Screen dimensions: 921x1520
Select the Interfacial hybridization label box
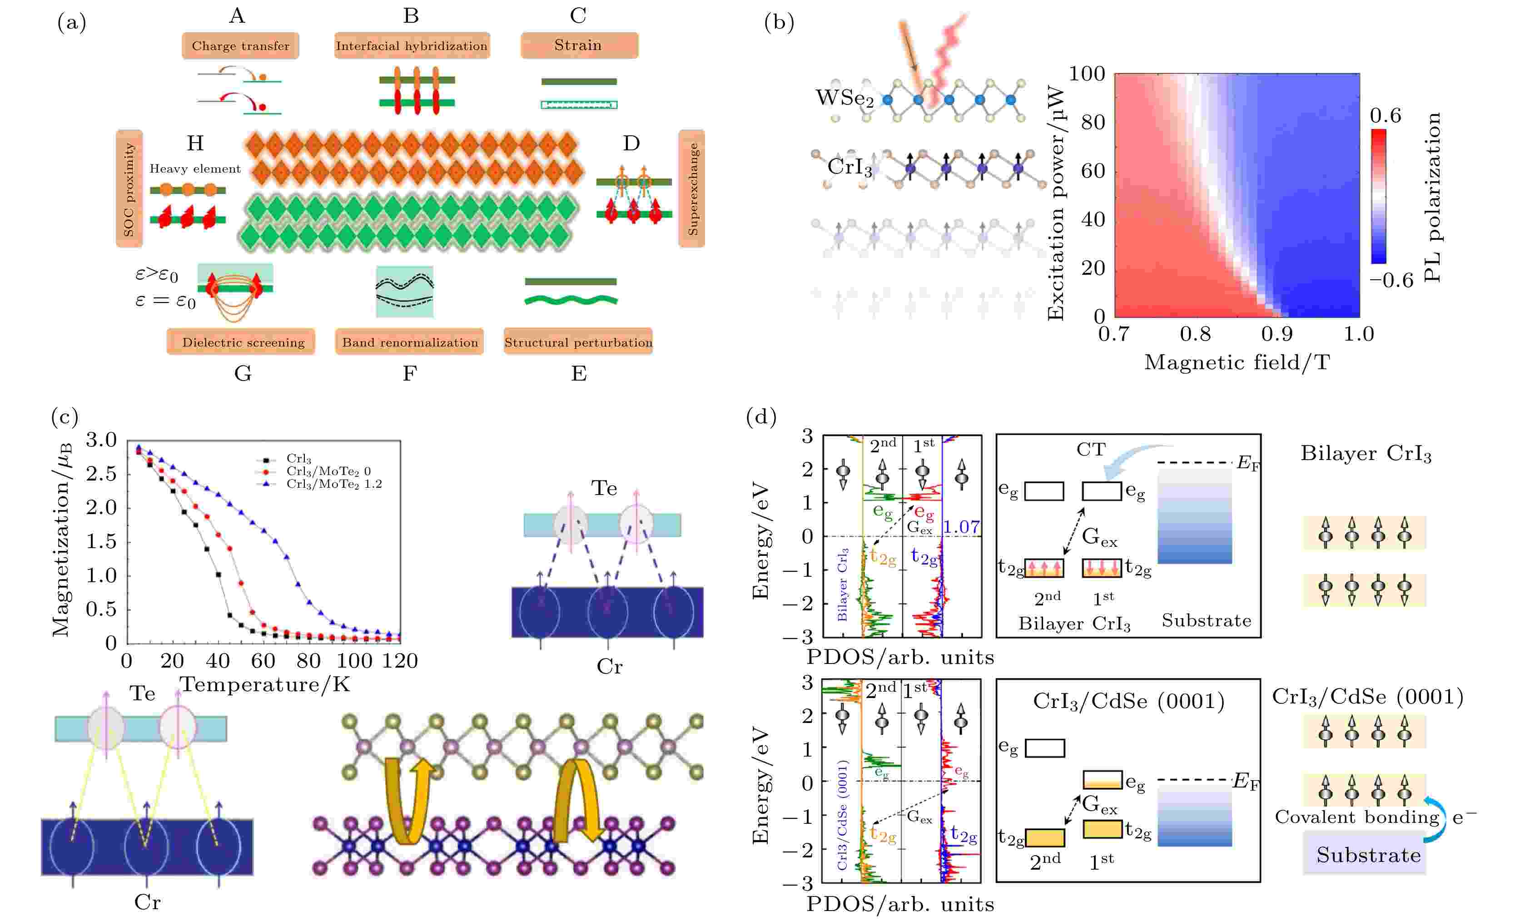click(x=412, y=46)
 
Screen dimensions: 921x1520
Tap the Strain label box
click(x=579, y=45)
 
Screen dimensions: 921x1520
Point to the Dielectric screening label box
click(x=241, y=342)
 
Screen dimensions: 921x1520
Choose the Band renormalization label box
click(x=410, y=342)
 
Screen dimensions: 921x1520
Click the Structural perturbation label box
click(x=578, y=342)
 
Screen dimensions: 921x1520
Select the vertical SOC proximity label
click(x=129, y=189)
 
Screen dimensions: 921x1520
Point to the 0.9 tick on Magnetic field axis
click(x=1277, y=334)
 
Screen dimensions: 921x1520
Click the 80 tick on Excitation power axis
click(x=1093, y=122)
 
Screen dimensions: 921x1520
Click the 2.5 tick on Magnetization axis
click(x=101, y=474)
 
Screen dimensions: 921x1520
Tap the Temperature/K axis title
click(x=265, y=684)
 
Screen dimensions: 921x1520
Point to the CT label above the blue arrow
click(x=1091, y=449)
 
